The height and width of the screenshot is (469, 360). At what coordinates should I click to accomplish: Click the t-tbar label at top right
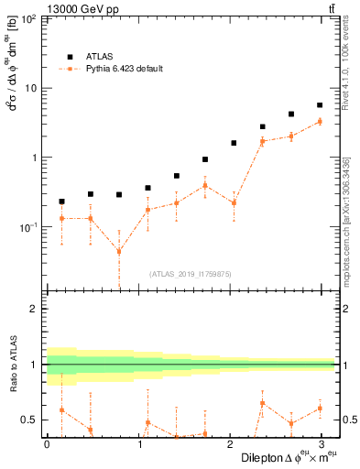click(329, 8)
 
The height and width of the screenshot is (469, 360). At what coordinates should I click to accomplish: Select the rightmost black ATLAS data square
click(319, 105)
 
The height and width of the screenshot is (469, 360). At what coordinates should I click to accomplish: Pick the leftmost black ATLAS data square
click(61, 202)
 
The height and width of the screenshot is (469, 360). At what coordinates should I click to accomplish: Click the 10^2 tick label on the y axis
click(29, 19)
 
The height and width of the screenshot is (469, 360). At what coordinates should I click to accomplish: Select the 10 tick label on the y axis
click(31, 88)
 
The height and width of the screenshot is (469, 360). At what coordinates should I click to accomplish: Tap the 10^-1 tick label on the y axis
click(29, 226)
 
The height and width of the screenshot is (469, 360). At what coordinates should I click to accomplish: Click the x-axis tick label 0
click(47, 444)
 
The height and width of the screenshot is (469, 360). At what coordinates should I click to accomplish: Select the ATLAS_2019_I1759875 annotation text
click(190, 272)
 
